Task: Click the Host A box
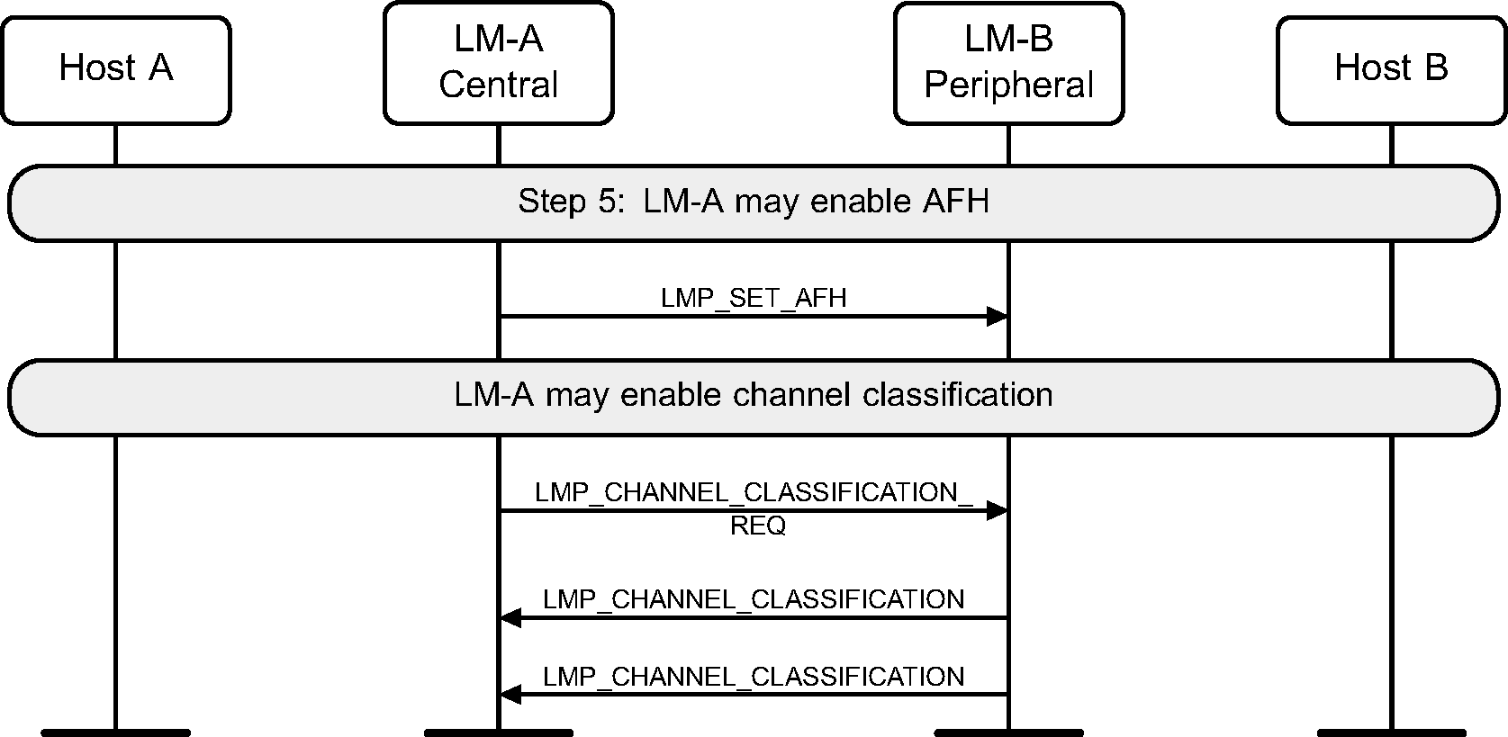tap(116, 69)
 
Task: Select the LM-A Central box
tap(498, 63)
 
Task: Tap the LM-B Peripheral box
tap(1008, 63)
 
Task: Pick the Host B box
tap(1391, 69)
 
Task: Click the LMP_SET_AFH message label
tap(754, 298)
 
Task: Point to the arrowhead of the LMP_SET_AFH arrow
tap(997, 316)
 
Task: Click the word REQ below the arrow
tap(758, 526)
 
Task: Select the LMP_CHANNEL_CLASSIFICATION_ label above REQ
tap(754, 492)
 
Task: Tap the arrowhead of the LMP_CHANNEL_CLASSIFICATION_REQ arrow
tap(997, 511)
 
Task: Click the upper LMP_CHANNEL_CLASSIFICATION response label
tap(754, 599)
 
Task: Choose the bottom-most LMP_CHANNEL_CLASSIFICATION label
tap(754, 676)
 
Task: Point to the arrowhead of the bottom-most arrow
tap(510, 695)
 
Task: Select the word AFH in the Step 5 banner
tap(955, 202)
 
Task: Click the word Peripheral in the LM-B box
tap(1008, 85)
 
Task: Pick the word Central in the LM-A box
tap(498, 85)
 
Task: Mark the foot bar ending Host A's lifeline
tap(116, 732)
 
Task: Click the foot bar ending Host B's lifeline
tap(1391, 732)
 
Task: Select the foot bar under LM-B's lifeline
tap(1008, 732)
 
